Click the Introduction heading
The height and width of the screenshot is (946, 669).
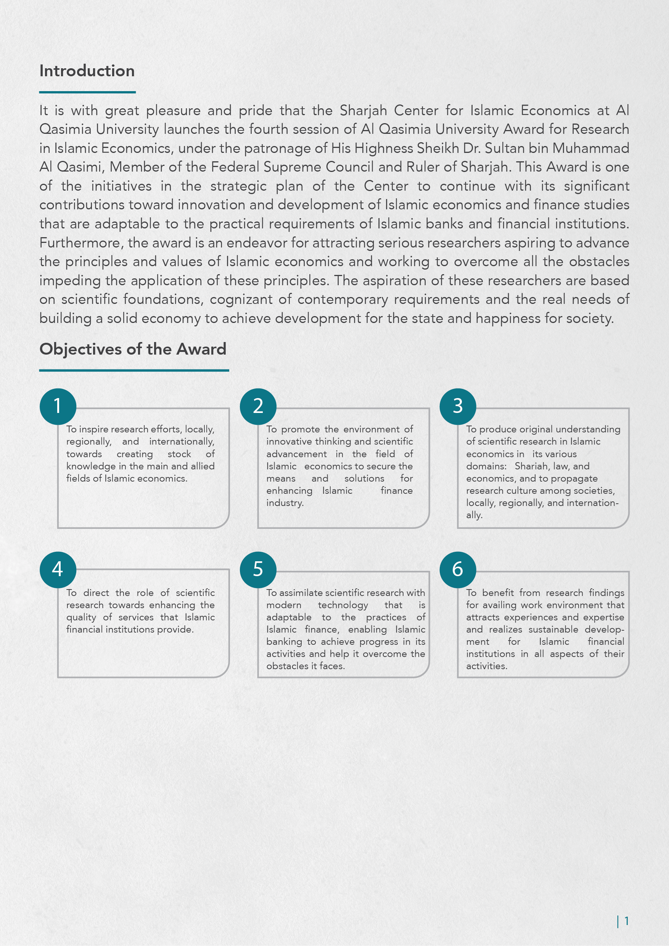[x=87, y=71]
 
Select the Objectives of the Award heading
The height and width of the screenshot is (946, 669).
[x=133, y=349]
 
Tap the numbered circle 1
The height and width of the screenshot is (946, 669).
[x=58, y=406]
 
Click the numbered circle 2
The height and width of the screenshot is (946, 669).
[x=258, y=406]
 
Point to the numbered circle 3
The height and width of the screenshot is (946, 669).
[x=458, y=406]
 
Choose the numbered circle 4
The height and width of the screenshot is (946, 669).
[x=58, y=569]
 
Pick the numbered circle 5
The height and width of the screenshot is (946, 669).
[x=258, y=569]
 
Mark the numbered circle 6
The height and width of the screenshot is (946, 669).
[x=458, y=569]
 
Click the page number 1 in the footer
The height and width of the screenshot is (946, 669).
[x=627, y=921]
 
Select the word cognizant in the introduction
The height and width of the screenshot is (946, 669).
[x=241, y=300]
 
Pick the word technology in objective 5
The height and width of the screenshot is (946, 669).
[x=343, y=605]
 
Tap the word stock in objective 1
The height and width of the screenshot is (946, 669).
[x=179, y=454]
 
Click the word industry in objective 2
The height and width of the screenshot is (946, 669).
[x=285, y=503]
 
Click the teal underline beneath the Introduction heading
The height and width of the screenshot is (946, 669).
[x=87, y=92]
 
